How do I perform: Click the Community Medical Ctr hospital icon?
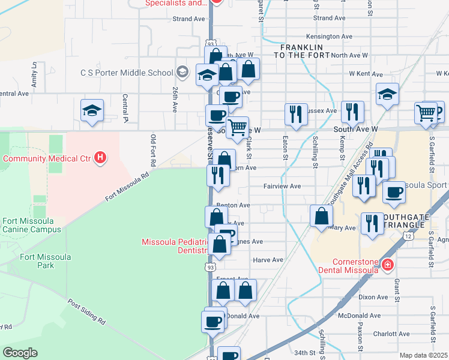[101, 158]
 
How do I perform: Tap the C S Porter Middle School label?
[127, 73]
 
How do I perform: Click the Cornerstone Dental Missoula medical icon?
[388, 264]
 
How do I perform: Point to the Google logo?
[20, 353]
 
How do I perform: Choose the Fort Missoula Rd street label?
[127, 187]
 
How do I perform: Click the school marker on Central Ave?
[92, 110]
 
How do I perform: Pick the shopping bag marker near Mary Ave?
[321, 217]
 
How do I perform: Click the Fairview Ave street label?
[282, 186]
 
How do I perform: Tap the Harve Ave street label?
[268, 260]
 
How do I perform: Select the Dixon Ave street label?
[373, 297]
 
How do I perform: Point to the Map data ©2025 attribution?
[423, 355]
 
